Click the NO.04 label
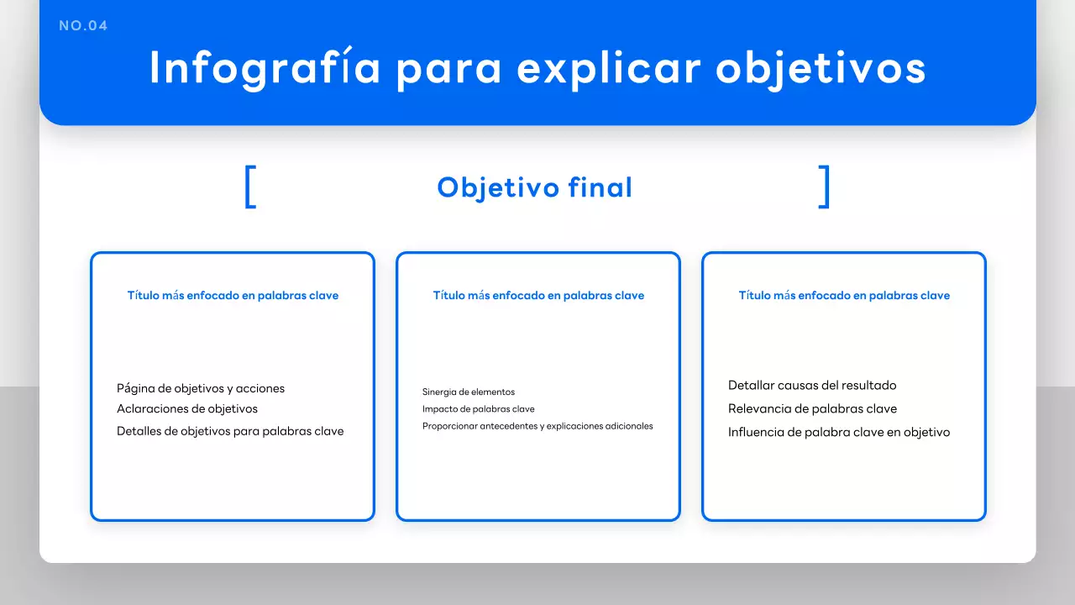point(83,26)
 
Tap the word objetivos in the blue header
point(821,69)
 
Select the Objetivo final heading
point(534,187)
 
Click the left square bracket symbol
point(250,187)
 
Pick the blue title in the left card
point(233,296)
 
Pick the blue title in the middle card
point(538,296)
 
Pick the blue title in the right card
point(844,296)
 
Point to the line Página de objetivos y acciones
point(201,389)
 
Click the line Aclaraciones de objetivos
point(187,409)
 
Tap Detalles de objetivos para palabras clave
point(230,431)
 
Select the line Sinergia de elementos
point(469,392)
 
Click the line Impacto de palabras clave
point(479,409)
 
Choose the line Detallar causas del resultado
point(812,386)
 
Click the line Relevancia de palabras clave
point(812,409)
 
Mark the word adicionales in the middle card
point(631,426)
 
